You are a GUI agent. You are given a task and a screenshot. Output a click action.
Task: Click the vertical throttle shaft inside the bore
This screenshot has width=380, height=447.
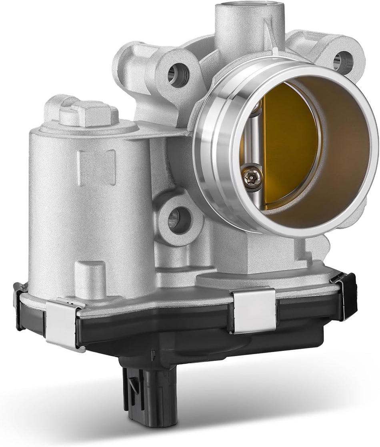[254, 132]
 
